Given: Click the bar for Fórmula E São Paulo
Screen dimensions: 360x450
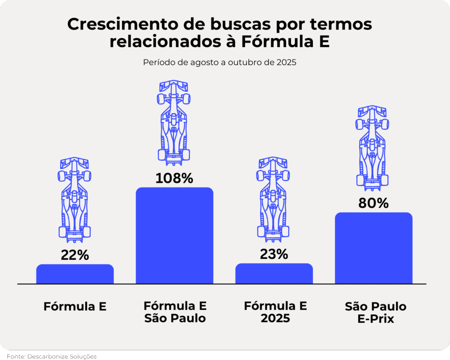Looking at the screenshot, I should tap(174, 236).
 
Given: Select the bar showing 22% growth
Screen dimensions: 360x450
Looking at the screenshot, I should tap(75, 274).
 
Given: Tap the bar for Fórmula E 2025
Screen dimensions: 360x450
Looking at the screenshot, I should tap(274, 273).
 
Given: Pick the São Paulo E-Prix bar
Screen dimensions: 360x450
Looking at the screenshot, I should tap(374, 248).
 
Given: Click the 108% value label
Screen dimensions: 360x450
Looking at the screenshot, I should tap(174, 178).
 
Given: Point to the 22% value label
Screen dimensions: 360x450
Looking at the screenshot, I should tap(75, 255).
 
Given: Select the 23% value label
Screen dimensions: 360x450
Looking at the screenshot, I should tap(274, 255).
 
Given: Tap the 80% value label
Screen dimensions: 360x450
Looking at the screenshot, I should tap(374, 204).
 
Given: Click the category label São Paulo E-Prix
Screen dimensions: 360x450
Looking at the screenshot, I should tap(375, 313).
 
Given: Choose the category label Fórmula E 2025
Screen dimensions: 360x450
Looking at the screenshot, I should tap(276, 312).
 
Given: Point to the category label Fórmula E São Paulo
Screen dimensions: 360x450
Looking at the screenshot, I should tap(175, 312).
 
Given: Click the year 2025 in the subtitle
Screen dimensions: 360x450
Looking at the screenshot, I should tap(287, 62).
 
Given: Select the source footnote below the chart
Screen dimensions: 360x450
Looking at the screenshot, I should tap(51, 356).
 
